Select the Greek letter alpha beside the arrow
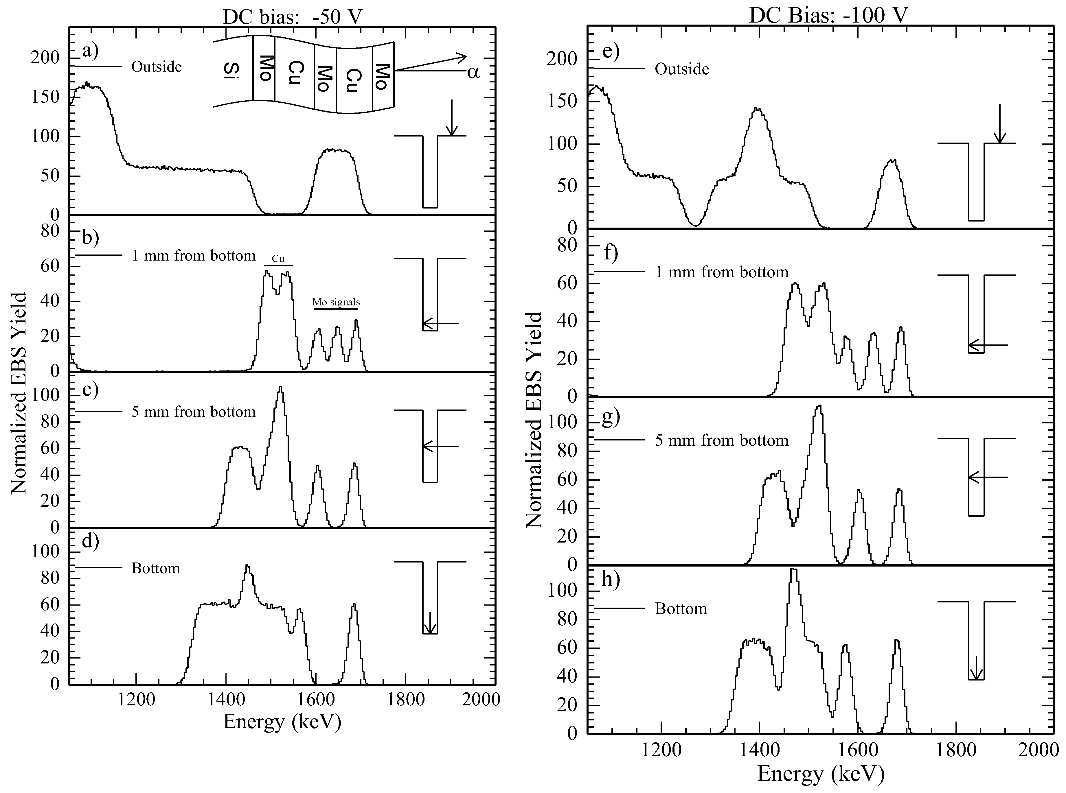473,73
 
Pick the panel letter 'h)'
610,580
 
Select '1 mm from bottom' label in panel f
722,272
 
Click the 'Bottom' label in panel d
156,568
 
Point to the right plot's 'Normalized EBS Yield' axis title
534,420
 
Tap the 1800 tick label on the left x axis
406,699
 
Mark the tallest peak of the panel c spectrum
280,388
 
